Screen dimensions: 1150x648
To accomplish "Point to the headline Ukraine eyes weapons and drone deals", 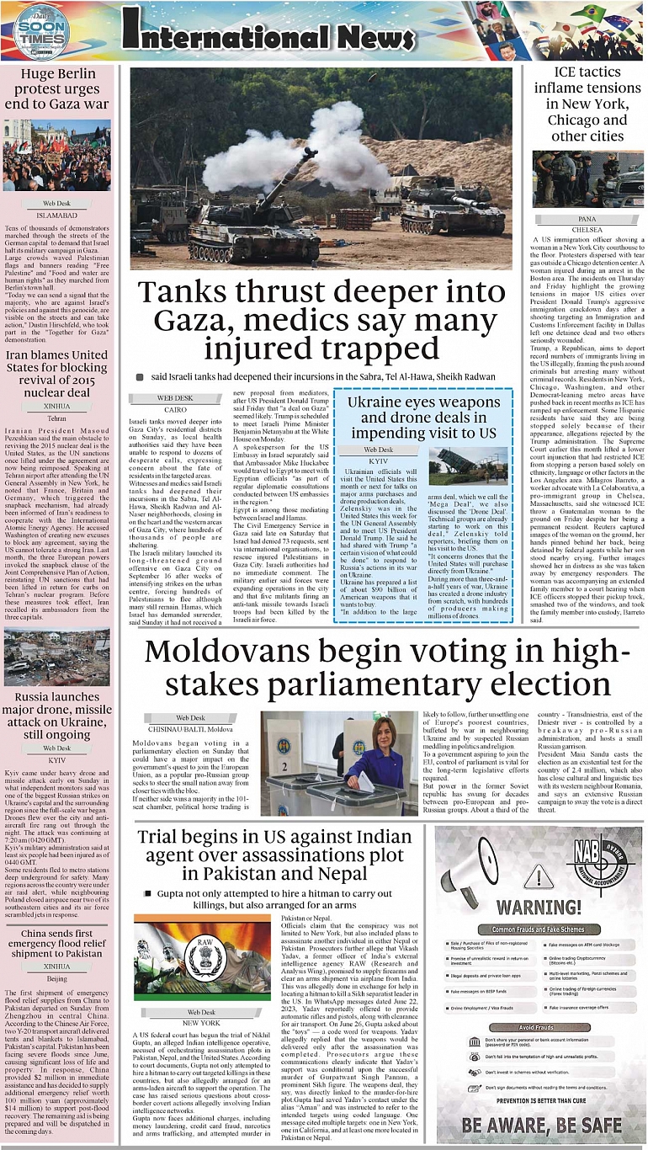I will click(x=422, y=418).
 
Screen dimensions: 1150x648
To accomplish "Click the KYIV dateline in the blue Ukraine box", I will click(x=379, y=462).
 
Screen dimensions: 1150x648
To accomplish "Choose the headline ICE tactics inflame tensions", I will click(x=587, y=104).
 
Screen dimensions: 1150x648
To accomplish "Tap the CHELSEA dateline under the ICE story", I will click(x=587, y=229).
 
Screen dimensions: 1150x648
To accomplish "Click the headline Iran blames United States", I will click(x=57, y=373).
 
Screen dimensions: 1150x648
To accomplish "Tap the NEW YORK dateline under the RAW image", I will click(x=201, y=1022).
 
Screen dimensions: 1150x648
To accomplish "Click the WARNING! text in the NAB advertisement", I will click(x=539, y=908).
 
